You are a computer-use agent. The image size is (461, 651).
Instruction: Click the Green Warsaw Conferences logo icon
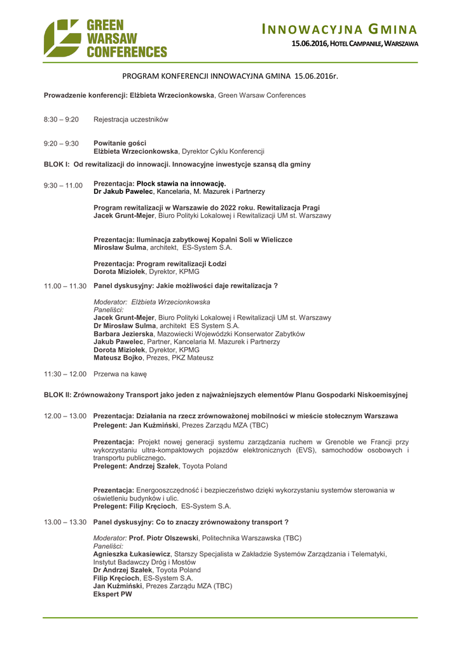(62, 38)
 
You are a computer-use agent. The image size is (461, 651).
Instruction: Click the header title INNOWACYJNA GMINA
(340, 29)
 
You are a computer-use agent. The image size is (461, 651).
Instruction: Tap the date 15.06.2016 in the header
(309, 44)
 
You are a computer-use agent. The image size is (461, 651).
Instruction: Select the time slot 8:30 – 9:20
(61, 120)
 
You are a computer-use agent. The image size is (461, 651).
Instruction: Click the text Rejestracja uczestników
(131, 120)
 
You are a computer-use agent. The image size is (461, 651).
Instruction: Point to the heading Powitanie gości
(120, 143)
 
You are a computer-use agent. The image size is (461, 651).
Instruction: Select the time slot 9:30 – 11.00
(63, 185)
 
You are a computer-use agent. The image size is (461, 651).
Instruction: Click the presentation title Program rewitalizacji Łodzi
(160, 264)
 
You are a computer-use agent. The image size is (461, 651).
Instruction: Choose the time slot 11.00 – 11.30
(65, 286)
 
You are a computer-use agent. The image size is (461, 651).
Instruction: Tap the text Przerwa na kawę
(120, 374)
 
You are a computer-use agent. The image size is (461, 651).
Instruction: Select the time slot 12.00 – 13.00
(65, 416)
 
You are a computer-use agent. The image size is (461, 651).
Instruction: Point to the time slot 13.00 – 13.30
(65, 522)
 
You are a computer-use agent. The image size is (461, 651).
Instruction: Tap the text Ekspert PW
(113, 594)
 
